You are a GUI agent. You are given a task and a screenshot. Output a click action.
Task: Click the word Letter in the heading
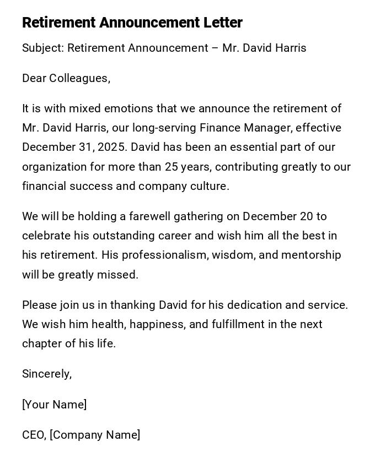(x=224, y=23)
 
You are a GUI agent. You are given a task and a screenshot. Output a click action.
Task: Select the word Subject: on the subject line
(x=43, y=48)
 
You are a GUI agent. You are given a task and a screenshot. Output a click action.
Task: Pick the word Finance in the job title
(x=219, y=128)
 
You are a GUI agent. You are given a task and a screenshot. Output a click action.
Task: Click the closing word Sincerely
(x=46, y=374)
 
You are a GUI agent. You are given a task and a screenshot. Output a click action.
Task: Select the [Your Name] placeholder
(x=55, y=405)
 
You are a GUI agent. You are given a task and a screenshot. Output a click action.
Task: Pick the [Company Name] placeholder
(x=95, y=435)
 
